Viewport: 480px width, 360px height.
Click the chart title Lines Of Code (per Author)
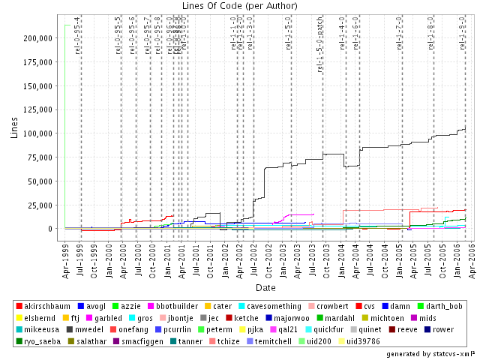(239, 6)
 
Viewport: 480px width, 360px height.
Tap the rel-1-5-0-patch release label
(320, 52)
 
